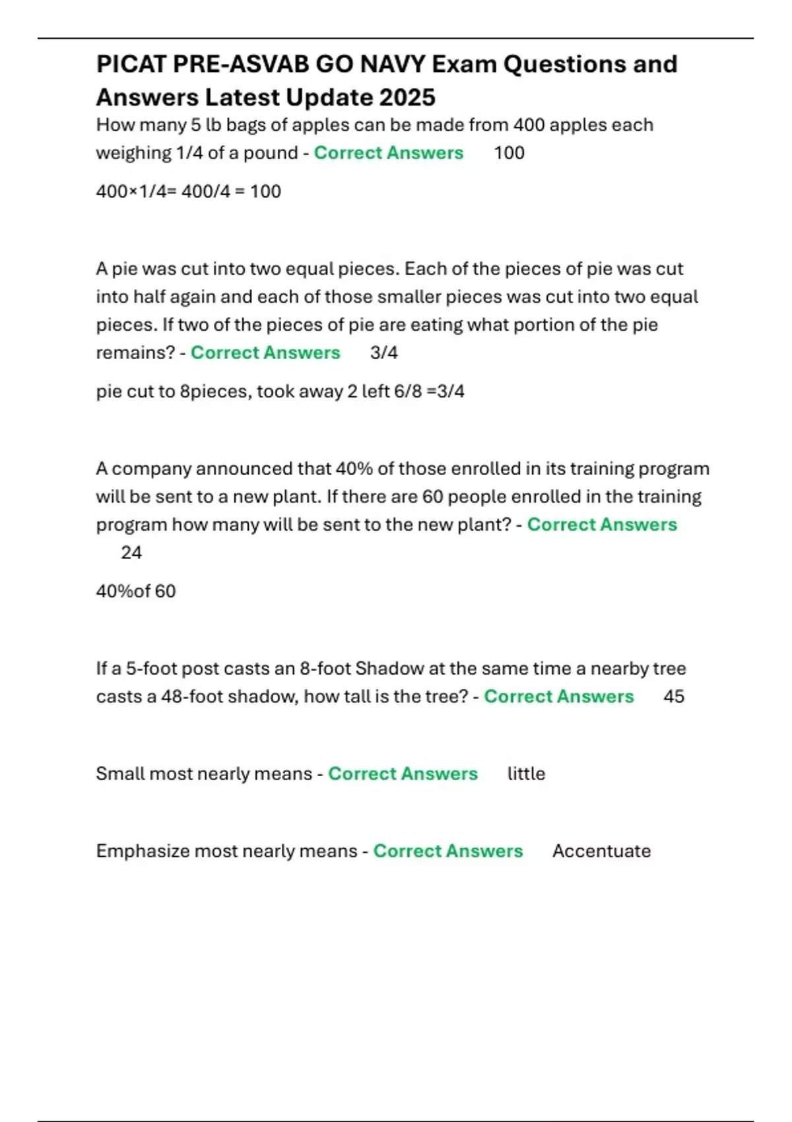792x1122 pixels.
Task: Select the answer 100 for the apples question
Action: pos(509,152)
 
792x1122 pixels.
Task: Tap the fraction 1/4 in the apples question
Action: pos(189,152)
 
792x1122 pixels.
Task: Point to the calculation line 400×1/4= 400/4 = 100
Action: pos(188,191)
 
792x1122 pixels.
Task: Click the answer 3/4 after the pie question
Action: pos(383,352)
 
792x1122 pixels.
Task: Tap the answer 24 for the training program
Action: pos(131,552)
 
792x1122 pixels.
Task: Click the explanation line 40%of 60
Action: pos(136,591)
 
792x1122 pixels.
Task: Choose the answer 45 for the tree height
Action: pos(674,696)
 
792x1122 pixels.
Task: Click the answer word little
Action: pos(526,774)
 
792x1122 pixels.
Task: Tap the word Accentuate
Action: pos(601,851)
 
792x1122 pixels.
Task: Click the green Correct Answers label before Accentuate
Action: pos(448,851)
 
